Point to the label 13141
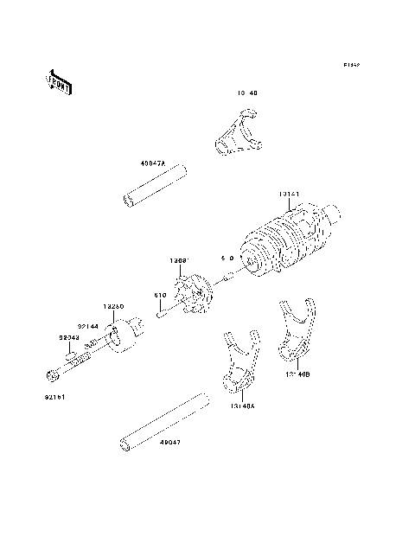click(x=289, y=195)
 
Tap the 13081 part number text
click(x=180, y=259)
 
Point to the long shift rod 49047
click(x=164, y=421)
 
